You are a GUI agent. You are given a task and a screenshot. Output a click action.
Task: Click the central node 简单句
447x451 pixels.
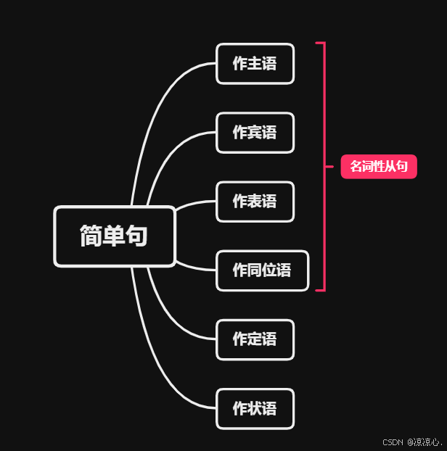pyautogui.click(x=114, y=236)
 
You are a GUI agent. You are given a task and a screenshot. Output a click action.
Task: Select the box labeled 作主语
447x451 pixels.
pyautogui.click(x=255, y=64)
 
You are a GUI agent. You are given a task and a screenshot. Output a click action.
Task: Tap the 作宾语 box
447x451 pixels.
pyautogui.click(x=255, y=133)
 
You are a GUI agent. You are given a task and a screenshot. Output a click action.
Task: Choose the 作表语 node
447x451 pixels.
pyautogui.click(x=255, y=202)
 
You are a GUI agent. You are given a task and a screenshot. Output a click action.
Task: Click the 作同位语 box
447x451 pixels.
pyautogui.click(x=262, y=270)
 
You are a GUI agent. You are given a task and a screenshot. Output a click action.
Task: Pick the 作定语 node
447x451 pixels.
pyautogui.click(x=255, y=339)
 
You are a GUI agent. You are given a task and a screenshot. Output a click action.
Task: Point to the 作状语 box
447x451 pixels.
pyautogui.click(x=255, y=408)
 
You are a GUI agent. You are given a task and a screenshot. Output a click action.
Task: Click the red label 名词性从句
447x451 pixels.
pyautogui.click(x=379, y=167)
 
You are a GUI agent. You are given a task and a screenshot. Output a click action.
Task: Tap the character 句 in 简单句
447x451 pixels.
pyautogui.click(x=136, y=236)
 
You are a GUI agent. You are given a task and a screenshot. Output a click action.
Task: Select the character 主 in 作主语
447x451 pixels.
pyautogui.click(x=255, y=64)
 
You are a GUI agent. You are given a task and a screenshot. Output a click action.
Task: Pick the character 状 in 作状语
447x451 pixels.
pyautogui.click(x=255, y=408)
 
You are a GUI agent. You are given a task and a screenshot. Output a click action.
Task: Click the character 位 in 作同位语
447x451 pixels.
pyautogui.click(x=269, y=270)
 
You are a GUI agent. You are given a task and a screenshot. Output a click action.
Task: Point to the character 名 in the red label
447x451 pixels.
pyautogui.click(x=356, y=167)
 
